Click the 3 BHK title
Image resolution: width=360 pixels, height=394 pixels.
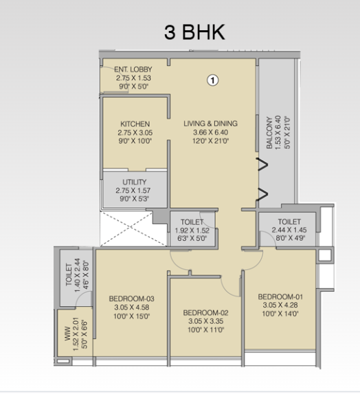194,32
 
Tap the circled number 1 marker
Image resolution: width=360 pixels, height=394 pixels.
212,80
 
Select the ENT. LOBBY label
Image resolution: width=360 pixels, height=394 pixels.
133,69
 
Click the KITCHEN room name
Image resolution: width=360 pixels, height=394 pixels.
135,124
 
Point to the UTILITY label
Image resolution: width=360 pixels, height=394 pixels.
135,182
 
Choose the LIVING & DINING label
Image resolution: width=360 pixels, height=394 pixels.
210,124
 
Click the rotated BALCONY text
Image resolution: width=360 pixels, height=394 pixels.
269,132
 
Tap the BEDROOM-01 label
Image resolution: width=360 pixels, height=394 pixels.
280,297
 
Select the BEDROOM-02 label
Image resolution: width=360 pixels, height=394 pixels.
205,313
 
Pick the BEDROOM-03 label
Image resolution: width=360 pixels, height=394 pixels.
132,299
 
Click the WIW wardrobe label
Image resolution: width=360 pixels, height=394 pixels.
68,334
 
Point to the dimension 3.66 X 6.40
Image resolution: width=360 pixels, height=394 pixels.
210,132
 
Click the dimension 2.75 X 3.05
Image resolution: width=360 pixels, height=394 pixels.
135,132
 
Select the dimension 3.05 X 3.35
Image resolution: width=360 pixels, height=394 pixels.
206,321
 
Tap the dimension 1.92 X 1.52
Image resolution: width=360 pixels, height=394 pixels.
192,231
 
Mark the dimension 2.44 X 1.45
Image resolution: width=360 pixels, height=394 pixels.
289,230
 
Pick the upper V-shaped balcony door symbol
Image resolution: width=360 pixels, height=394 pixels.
262,165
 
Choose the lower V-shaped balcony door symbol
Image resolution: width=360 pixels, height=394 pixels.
262,194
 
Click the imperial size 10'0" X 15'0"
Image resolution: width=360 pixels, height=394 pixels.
132,316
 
